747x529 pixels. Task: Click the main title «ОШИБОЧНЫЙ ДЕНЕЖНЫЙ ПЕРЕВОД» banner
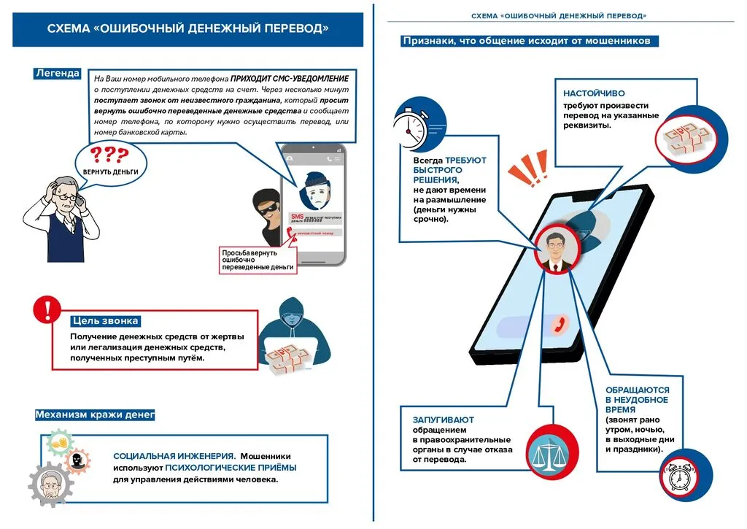[x=187, y=28]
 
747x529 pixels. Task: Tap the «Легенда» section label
[x=57, y=73]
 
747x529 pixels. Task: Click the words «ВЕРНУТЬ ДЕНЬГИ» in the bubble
[x=110, y=171]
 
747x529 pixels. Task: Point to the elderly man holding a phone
[x=61, y=215]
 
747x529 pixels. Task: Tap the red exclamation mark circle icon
[x=46, y=309]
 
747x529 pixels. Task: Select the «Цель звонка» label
[x=105, y=321]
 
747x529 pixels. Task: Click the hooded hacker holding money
[x=291, y=336]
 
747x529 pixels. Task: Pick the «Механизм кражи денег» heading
[x=95, y=415]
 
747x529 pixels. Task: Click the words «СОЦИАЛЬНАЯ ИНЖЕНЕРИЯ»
[x=174, y=455]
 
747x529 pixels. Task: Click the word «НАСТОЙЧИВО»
[x=594, y=94]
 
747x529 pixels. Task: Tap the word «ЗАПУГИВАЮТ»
[x=443, y=420]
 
